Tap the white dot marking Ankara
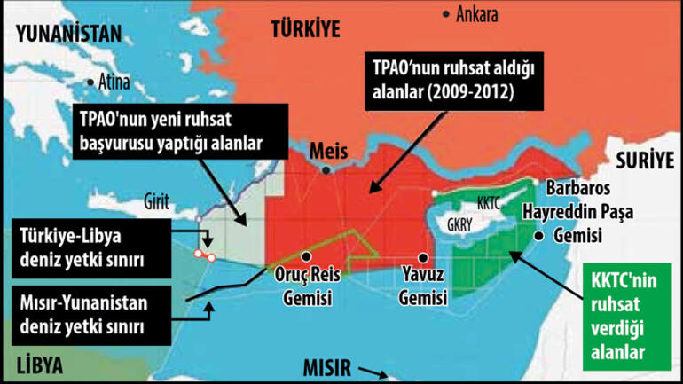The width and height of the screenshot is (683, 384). click(x=446, y=13)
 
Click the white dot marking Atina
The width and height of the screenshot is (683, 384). click(x=90, y=82)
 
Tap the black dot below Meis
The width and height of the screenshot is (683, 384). click(x=327, y=170)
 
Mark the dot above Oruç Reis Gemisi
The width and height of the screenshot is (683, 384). click(x=304, y=255)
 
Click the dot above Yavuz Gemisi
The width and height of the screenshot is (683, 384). click(x=415, y=253)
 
